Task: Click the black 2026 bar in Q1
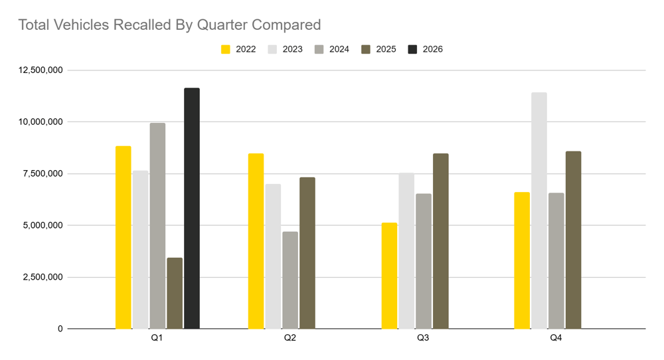click(x=192, y=208)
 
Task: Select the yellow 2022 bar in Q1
click(x=123, y=237)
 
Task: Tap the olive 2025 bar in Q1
click(x=175, y=293)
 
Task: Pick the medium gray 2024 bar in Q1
click(x=157, y=226)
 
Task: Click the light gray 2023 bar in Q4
click(x=539, y=211)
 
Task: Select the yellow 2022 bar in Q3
click(x=389, y=276)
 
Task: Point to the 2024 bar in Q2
click(x=290, y=280)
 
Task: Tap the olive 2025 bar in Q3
click(x=440, y=241)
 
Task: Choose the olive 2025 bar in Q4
click(x=573, y=240)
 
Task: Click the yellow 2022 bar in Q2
click(x=256, y=241)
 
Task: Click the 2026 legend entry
click(x=425, y=49)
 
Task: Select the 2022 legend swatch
click(x=226, y=49)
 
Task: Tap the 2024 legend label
click(x=339, y=49)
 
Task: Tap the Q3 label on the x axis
click(x=423, y=338)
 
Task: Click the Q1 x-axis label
click(x=157, y=338)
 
